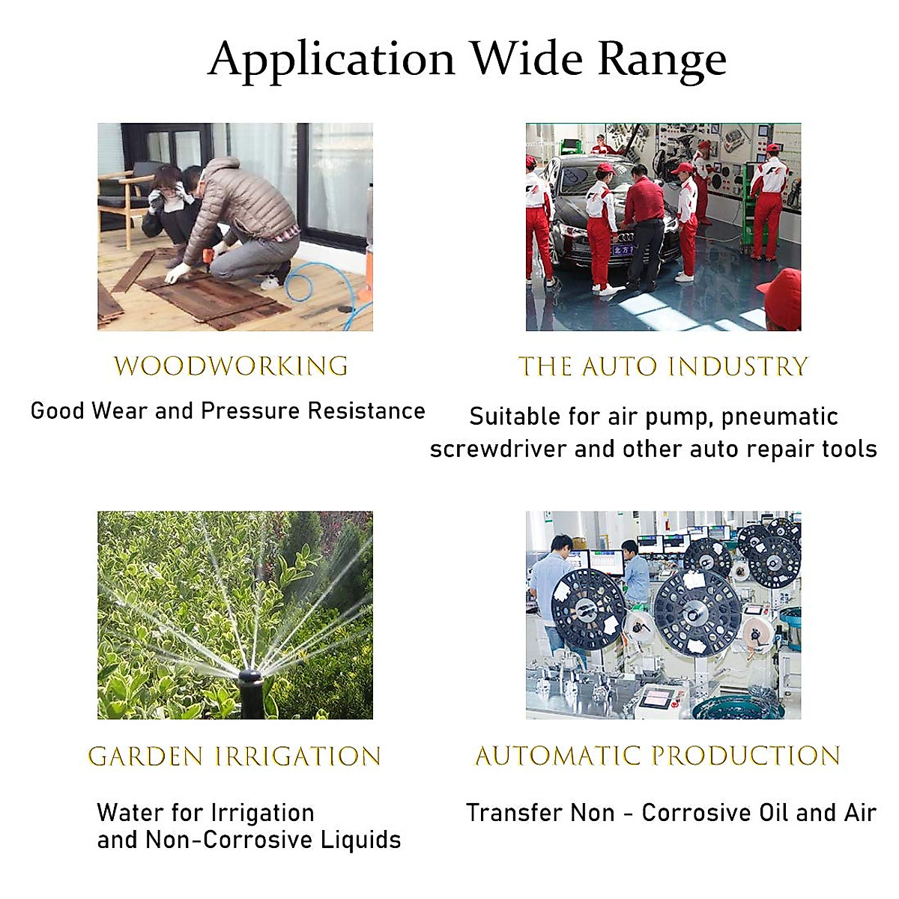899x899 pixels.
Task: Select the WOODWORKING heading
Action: click(231, 366)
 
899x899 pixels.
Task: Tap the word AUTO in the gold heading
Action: click(620, 366)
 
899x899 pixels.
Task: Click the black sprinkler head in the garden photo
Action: click(250, 694)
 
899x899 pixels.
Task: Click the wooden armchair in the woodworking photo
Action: click(123, 201)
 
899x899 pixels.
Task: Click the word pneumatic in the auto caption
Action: click(780, 417)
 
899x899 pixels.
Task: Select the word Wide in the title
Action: click(527, 60)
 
